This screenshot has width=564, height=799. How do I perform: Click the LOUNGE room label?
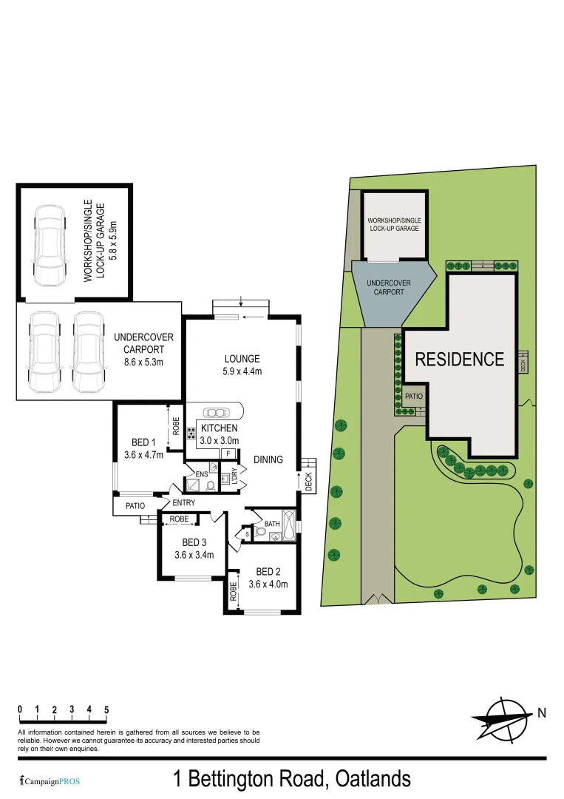coord(242,359)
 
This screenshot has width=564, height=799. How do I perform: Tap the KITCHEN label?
coord(219,428)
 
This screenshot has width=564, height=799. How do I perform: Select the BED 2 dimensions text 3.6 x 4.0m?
coord(268,584)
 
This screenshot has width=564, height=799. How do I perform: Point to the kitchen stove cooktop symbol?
coord(191,434)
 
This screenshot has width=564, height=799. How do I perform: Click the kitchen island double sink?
coord(220,413)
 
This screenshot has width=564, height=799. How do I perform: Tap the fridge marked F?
coord(228,454)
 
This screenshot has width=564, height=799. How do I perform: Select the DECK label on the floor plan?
coord(309,482)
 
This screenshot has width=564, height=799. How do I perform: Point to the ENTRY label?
coord(184,504)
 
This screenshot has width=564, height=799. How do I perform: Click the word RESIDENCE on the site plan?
coord(459,360)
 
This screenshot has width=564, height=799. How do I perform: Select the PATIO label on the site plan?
coord(413,397)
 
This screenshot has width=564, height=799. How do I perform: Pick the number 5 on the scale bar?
coord(106,709)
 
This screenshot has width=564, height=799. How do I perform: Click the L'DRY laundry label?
coord(234,476)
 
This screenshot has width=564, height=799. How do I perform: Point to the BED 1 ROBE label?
coord(176,427)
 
